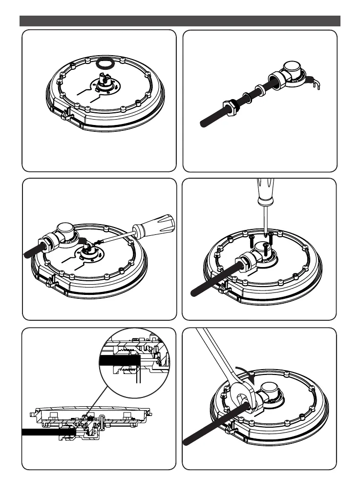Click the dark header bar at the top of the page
[180, 21]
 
